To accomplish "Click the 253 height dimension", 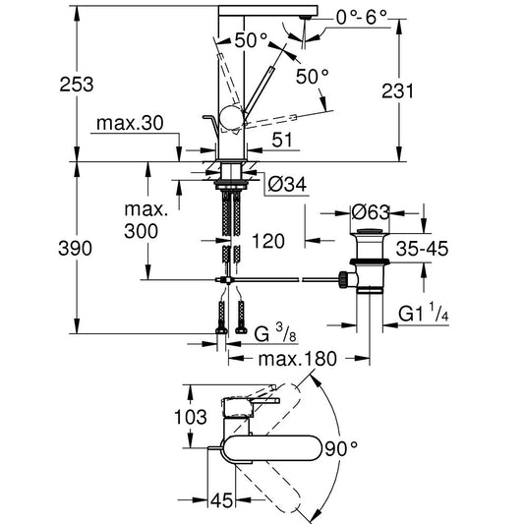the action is (x=77, y=85).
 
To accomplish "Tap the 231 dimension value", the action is (x=397, y=90).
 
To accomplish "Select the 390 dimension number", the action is (x=75, y=249).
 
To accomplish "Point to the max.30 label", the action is (x=130, y=123).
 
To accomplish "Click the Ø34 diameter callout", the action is (x=287, y=184).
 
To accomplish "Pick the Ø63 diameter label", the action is (x=371, y=212).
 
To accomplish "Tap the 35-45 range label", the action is (x=422, y=249).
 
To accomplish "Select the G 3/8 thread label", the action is (x=275, y=332).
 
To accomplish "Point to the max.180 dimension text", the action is (x=298, y=359).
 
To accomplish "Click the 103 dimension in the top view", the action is (x=191, y=417).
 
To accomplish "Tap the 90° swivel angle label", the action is (x=341, y=448).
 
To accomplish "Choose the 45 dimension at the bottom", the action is (x=221, y=500).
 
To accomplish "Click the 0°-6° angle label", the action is (x=362, y=17).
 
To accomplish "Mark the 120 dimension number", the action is (x=268, y=241).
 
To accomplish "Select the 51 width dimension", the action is (x=282, y=140).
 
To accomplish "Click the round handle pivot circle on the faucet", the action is (x=231, y=117).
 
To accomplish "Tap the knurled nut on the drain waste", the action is (x=343, y=280).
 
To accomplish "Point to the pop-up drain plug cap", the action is (x=370, y=231).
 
